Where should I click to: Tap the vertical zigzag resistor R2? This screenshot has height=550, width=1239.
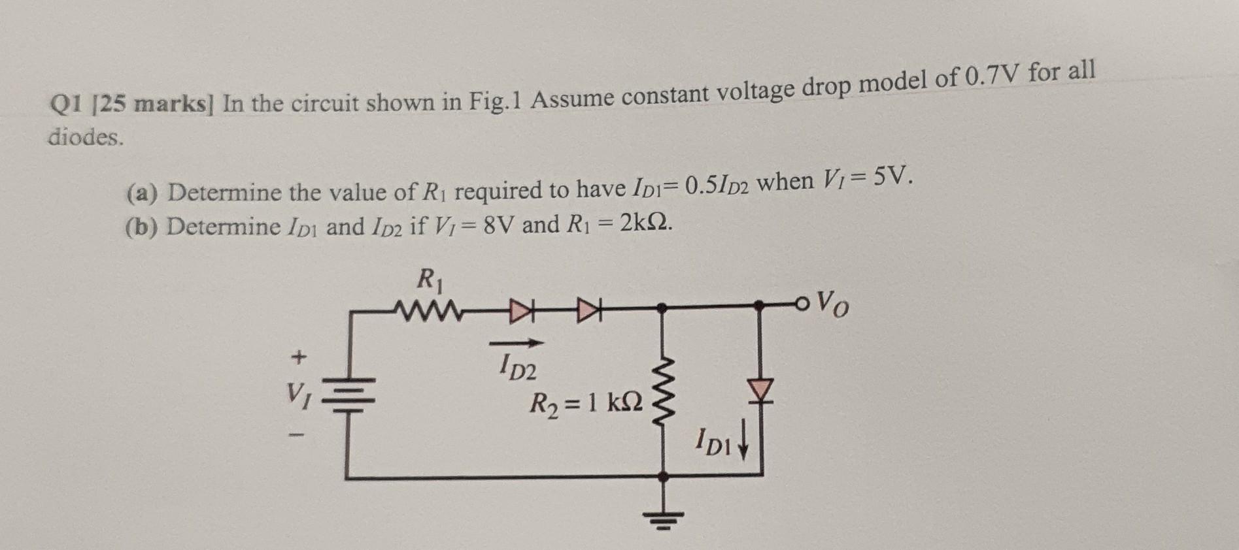coord(664,391)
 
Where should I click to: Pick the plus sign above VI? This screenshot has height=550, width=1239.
coord(299,357)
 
